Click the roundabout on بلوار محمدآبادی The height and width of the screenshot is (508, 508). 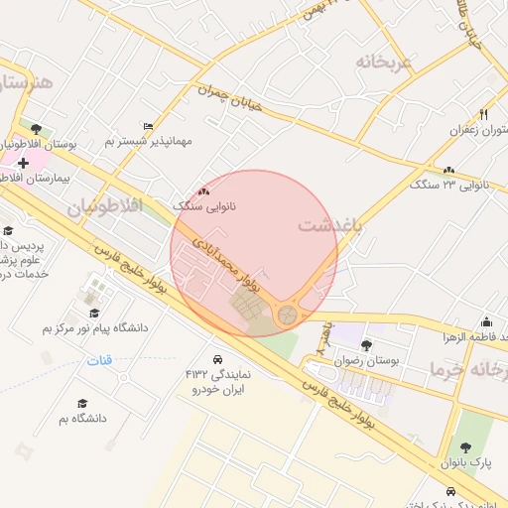tap(287, 315)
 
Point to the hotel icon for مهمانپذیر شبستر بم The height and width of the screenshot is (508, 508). tap(149, 126)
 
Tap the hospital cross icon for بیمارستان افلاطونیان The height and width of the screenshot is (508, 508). tap(23, 162)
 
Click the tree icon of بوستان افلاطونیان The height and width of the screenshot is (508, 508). tap(36, 129)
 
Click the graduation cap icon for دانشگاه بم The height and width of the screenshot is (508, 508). tap(81, 403)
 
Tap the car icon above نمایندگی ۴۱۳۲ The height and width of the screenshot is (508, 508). tap(216, 358)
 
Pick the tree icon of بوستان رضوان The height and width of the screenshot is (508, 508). tap(367, 345)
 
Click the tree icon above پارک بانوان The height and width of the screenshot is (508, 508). tap(464, 447)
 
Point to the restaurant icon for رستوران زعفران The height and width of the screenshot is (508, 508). tap(483, 114)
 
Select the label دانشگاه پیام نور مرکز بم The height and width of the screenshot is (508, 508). tap(95, 326)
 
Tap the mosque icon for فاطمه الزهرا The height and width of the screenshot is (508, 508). tap(486, 321)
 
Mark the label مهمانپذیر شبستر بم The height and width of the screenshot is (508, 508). tap(149, 142)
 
